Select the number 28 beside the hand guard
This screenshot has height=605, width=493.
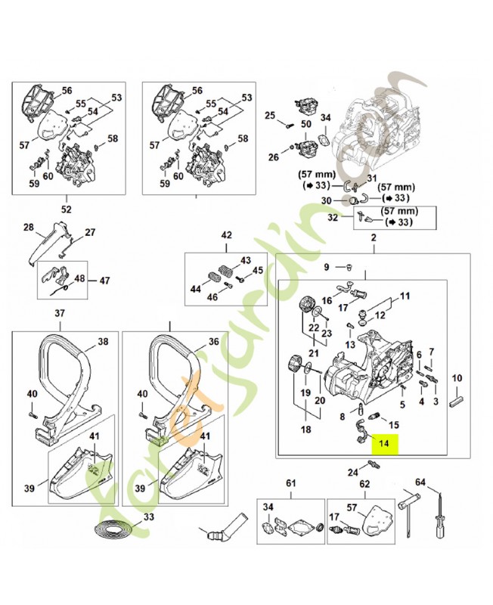pos(29,227)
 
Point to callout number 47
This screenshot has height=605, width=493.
pos(104,280)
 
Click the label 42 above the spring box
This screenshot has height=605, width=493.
pos(226,236)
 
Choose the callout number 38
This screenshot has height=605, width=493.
pos(103,341)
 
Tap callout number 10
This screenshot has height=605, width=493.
pos(457,378)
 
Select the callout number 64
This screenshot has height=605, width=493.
pos(420,482)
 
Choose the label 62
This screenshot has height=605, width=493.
pos(364,482)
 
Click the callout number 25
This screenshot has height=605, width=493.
pos(269,115)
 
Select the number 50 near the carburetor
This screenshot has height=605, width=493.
pos(305,123)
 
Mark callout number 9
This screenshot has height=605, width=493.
pos(327,267)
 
